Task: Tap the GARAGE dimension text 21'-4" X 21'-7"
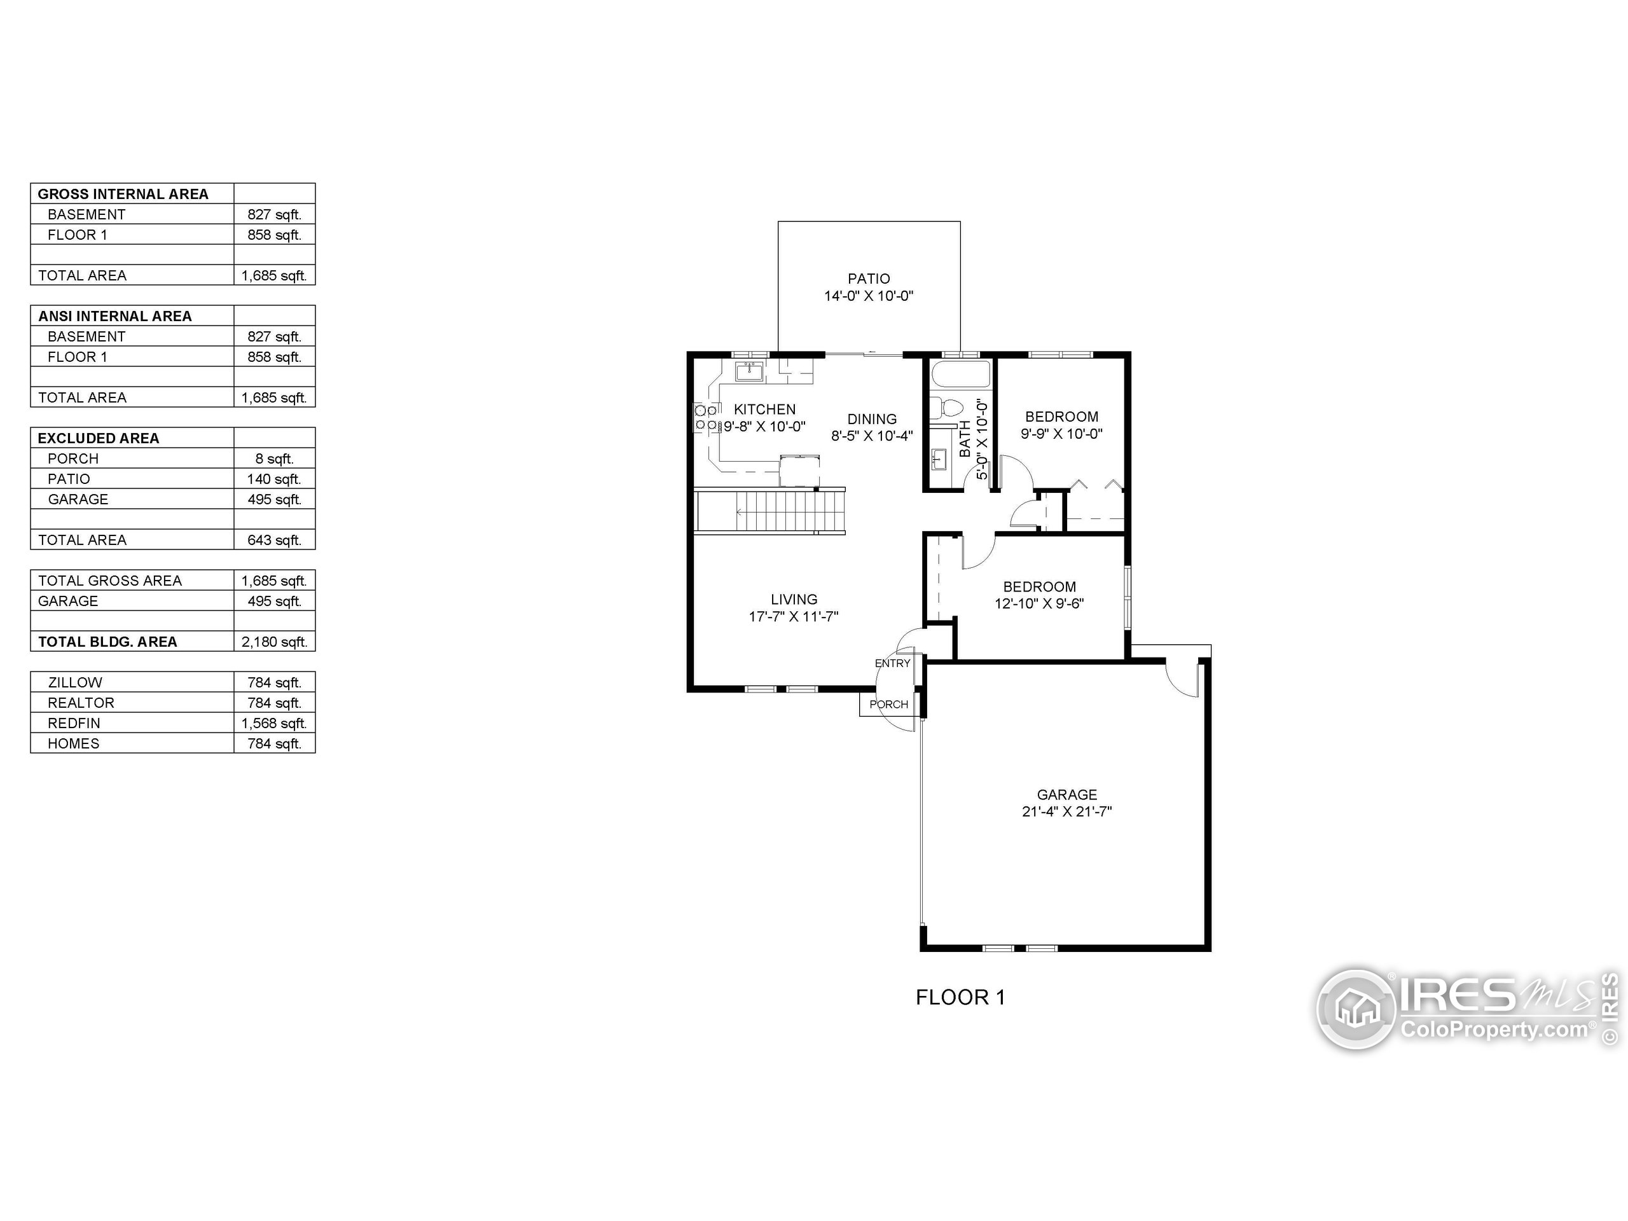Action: (1066, 812)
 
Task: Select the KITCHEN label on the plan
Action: (764, 409)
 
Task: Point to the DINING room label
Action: (871, 419)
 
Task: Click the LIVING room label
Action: (794, 599)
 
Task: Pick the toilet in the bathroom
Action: (945, 407)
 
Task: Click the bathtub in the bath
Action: (961, 375)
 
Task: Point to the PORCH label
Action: (888, 705)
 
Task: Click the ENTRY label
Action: (892, 663)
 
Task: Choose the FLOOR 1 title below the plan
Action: (960, 997)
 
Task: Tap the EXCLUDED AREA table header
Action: (99, 438)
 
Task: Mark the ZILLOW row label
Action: (75, 682)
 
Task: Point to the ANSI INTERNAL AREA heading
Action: (115, 315)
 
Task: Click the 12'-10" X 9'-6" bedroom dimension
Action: (1038, 604)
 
